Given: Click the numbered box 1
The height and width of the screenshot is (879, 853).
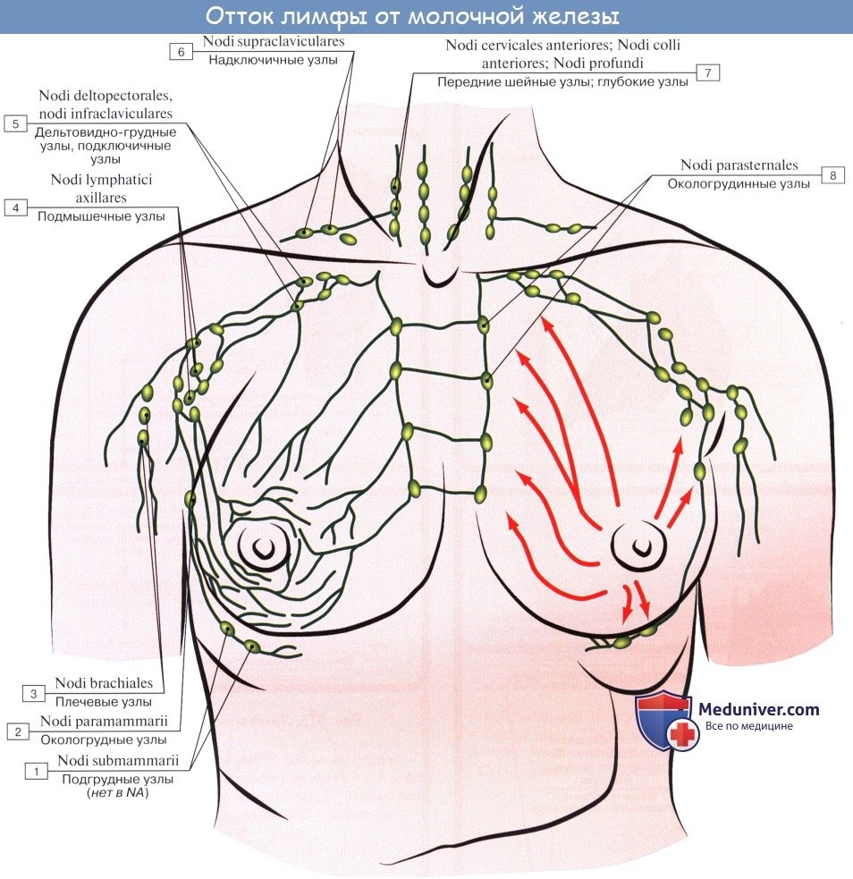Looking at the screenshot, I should (x=36, y=770).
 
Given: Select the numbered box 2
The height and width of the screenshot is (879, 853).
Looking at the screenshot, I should (x=17, y=731).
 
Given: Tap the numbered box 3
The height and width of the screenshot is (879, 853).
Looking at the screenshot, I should (x=33, y=693).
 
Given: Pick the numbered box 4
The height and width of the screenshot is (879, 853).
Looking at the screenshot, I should (x=15, y=207).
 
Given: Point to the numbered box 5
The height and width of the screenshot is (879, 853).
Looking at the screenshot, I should (x=15, y=123).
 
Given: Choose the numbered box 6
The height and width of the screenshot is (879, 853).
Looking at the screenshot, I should (x=181, y=52).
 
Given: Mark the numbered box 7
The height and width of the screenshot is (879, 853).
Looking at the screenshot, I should (x=706, y=73).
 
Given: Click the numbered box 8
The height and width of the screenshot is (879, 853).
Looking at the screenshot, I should (x=832, y=176).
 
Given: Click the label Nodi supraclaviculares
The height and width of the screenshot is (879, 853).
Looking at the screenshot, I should (x=274, y=41).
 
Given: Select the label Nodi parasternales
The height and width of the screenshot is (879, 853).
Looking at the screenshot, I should (x=739, y=165).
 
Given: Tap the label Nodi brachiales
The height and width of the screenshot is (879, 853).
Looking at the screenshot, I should (x=104, y=684).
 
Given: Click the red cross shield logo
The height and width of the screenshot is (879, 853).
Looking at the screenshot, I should (x=666, y=722).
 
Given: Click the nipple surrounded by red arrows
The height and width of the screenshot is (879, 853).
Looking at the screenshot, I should (x=638, y=543).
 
